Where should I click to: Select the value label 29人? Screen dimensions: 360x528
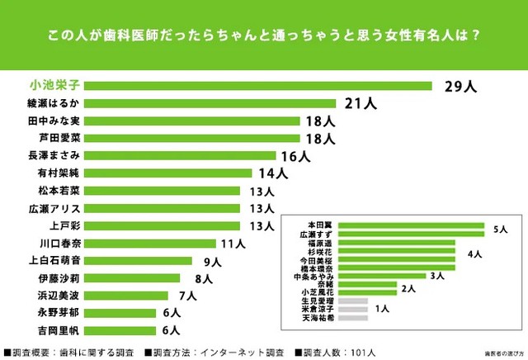pyautogui.click(x=461, y=86)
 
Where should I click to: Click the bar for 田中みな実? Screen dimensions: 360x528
pyautogui.click(x=192, y=121)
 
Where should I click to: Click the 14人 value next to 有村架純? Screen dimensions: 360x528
pyautogui.click(x=272, y=173)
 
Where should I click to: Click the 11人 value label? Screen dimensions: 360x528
pyautogui.click(x=232, y=244)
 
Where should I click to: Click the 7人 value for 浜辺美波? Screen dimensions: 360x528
pyautogui.click(x=186, y=296)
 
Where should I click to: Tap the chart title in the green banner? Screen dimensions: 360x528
pyautogui.click(x=264, y=36)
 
